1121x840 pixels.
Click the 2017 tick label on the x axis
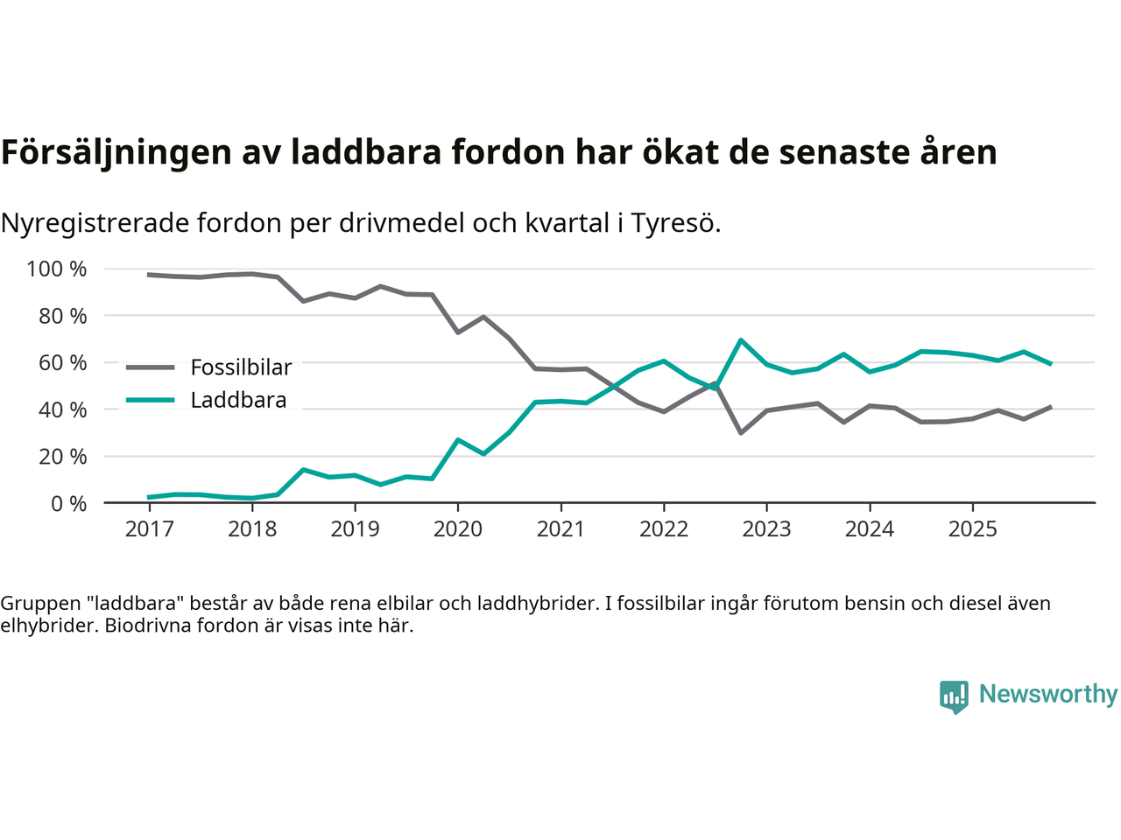coord(149,529)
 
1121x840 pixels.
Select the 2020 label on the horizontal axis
coord(458,529)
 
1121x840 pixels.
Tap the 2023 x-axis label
coord(766,529)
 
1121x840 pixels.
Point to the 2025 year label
coord(972,529)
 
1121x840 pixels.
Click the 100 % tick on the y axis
coord(57,269)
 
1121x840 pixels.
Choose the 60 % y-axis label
coord(62,362)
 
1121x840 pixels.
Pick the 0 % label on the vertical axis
coord(68,503)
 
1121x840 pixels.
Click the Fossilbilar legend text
coord(241,367)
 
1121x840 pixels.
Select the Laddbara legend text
coord(238,401)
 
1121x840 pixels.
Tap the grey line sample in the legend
coord(151,367)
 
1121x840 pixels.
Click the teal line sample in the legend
coord(151,401)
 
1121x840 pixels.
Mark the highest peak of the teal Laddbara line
coord(741,339)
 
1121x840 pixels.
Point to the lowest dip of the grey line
coord(741,433)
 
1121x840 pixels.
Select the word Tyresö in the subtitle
coord(675,223)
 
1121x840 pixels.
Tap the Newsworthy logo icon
coord(954,696)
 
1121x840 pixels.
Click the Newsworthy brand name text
coord(1047,694)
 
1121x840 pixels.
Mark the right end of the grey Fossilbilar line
coord(1050,407)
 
